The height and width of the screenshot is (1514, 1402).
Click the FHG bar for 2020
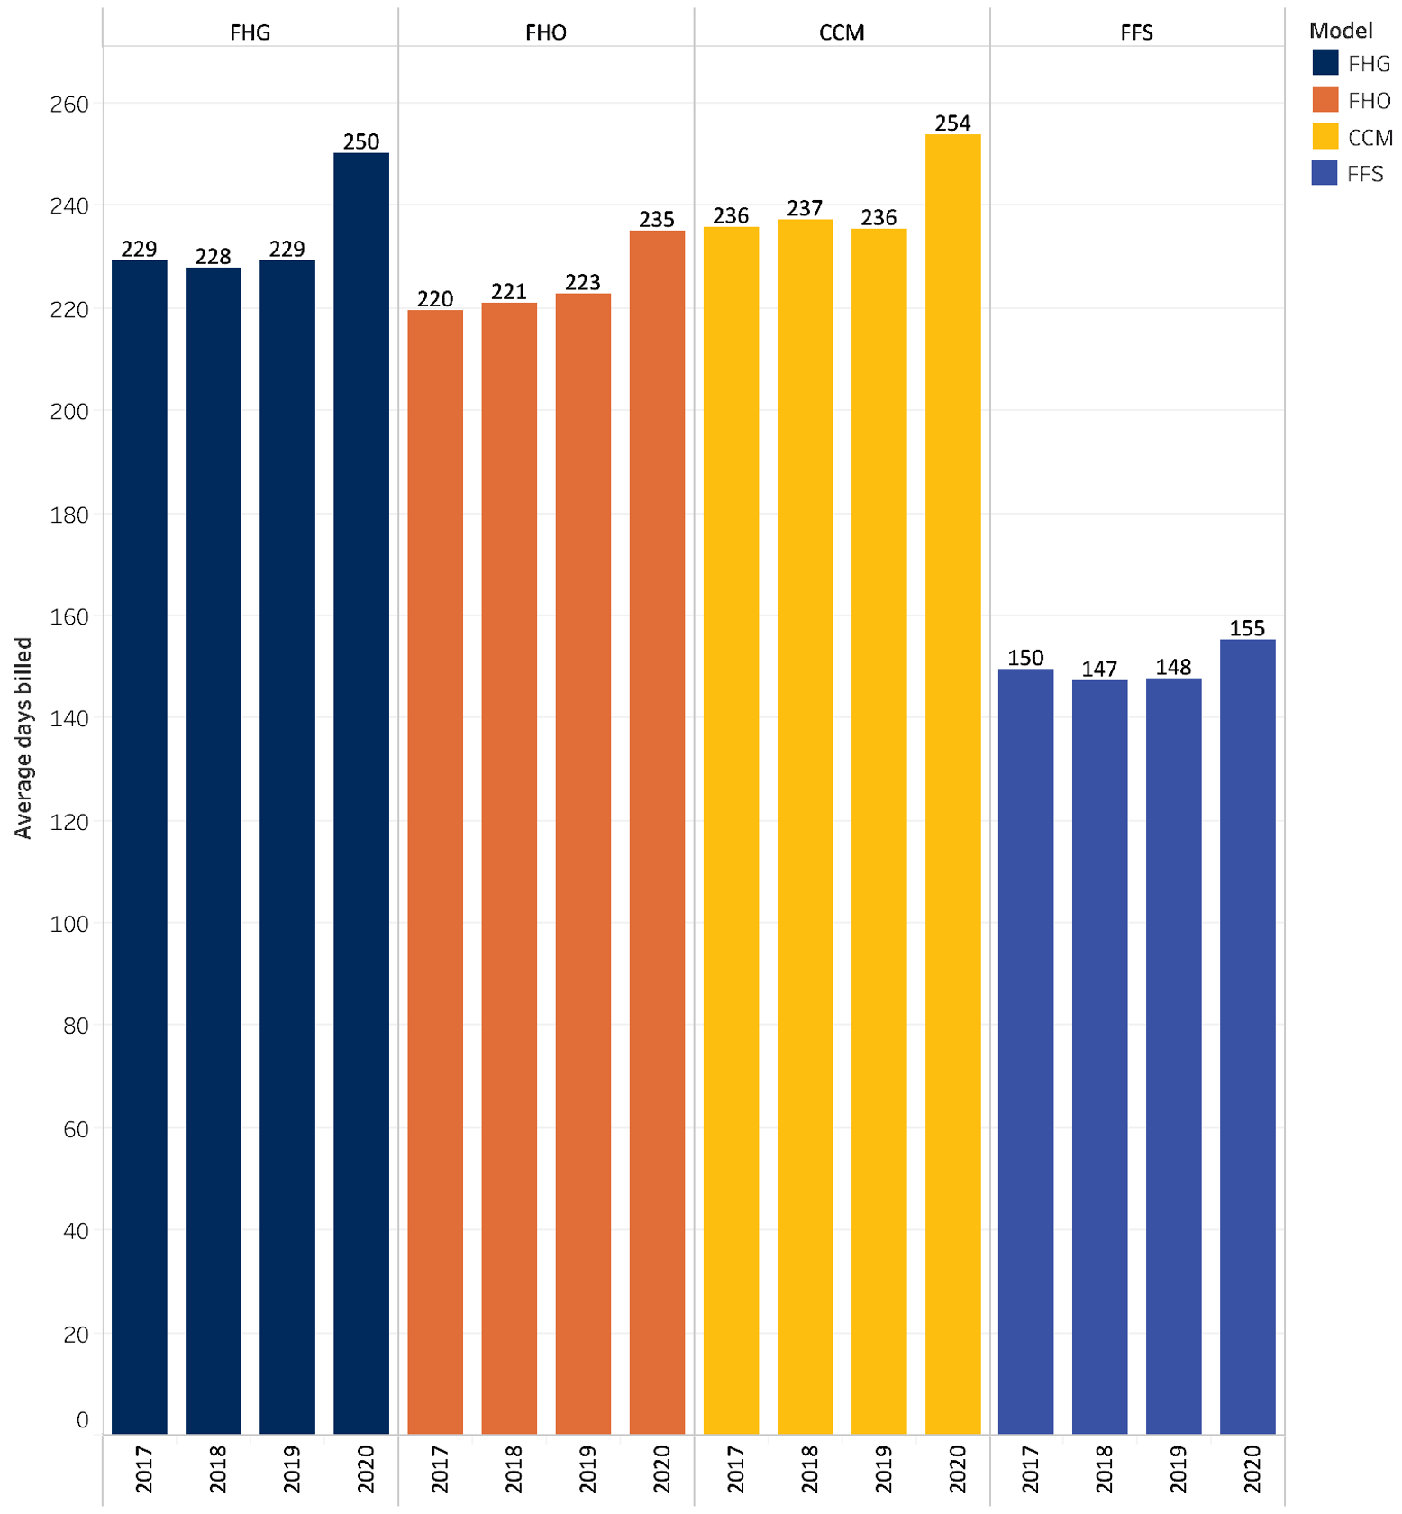tap(360, 793)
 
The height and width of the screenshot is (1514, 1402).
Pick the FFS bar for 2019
tap(1173, 1055)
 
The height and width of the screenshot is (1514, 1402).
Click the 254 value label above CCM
tap(952, 123)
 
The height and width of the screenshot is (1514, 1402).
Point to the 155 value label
tap(1247, 628)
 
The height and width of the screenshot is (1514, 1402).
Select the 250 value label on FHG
tap(360, 141)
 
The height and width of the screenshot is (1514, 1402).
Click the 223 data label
tap(583, 283)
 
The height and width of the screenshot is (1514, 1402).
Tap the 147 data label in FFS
tap(1099, 669)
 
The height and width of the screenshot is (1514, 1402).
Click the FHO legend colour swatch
tap(1325, 100)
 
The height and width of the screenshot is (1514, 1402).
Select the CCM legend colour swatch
tap(1325, 137)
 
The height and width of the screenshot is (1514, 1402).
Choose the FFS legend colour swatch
tap(1325, 173)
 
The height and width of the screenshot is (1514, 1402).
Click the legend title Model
tap(1341, 31)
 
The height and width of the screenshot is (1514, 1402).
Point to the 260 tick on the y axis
tap(69, 105)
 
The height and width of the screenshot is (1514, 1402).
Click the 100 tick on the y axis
tap(69, 924)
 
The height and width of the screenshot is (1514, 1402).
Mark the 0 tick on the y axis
tap(82, 1420)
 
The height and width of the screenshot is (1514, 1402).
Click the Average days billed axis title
tap(23, 738)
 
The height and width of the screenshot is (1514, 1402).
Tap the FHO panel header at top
tap(546, 32)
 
